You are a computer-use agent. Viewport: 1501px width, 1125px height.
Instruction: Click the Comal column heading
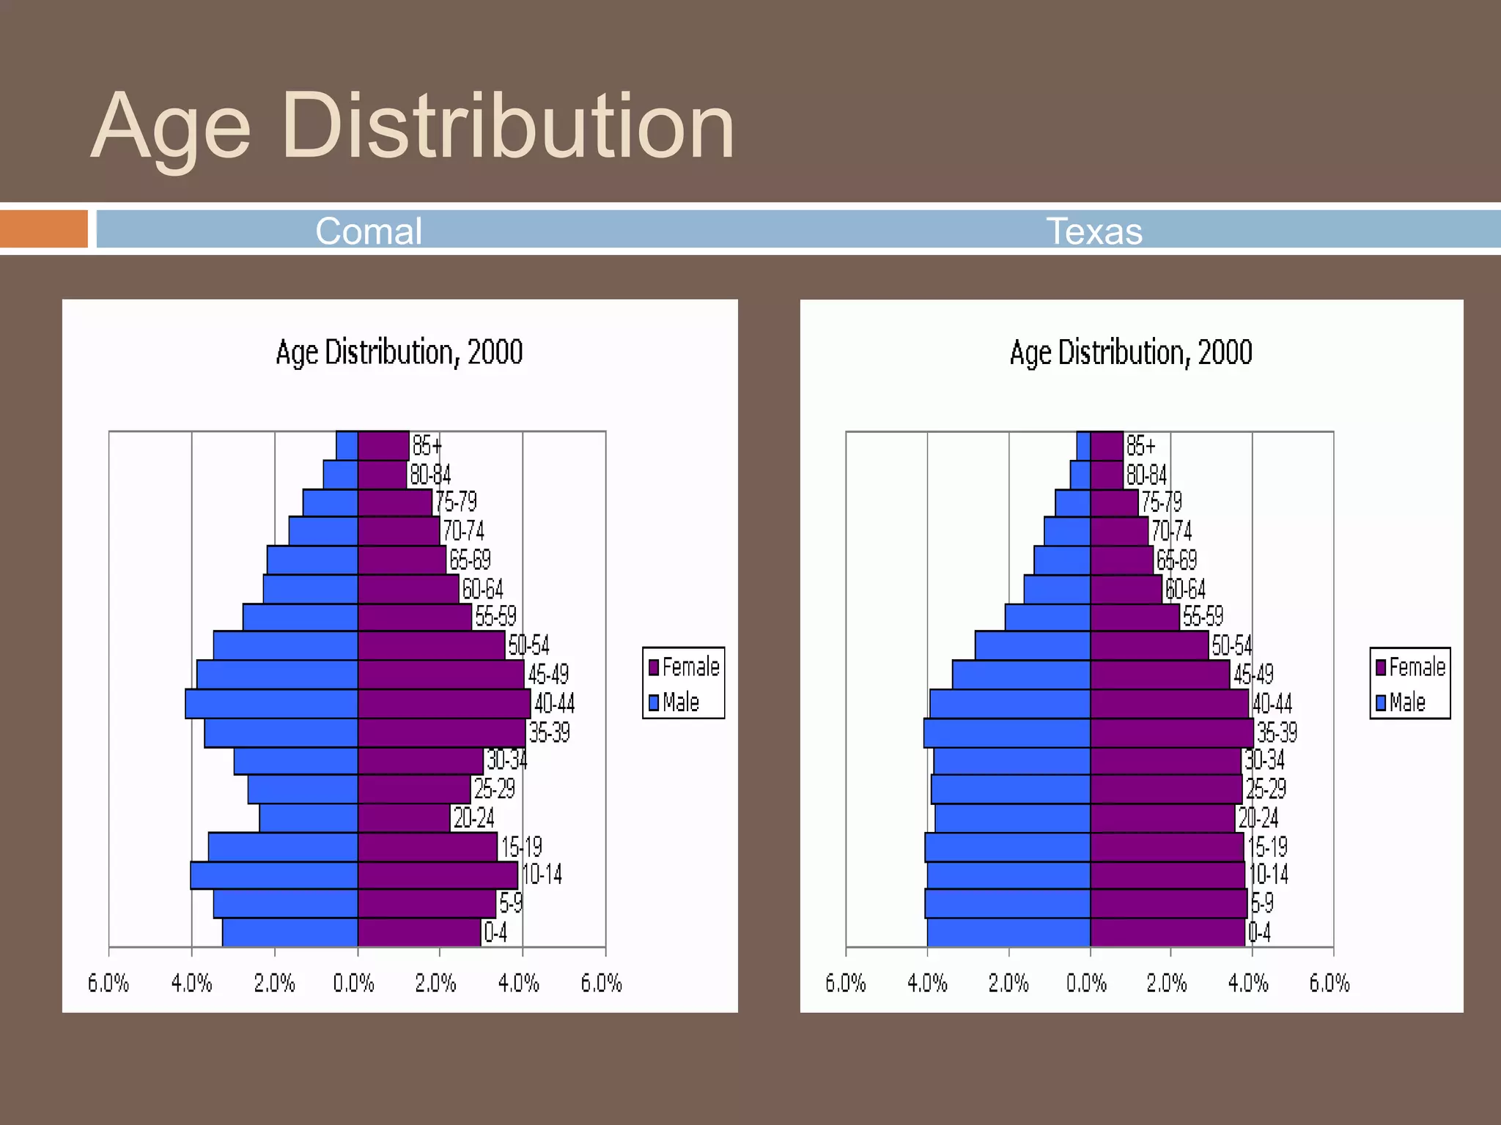[x=369, y=231]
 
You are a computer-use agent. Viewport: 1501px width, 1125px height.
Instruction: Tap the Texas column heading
[x=1094, y=231]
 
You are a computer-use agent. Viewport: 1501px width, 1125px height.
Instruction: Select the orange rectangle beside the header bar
[x=44, y=229]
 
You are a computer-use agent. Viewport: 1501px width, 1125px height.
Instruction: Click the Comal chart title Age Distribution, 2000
[x=399, y=352]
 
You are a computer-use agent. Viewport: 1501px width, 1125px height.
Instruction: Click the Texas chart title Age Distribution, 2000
[x=1131, y=352]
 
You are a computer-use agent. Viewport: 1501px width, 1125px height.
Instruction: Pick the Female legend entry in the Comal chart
[x=683, y=667]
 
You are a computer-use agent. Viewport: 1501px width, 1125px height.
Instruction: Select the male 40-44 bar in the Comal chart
[x=271, y=704]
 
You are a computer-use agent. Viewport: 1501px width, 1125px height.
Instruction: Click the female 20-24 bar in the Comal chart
[x=403, y=818]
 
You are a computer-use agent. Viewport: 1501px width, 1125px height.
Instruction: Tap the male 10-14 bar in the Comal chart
[x=274, y=875]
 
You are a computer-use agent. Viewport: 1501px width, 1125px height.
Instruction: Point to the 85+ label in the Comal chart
[x=427, y=445]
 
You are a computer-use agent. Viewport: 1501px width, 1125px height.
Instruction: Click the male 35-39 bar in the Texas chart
[x=1007, y=732]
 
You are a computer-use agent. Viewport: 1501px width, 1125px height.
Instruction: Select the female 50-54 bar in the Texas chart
[x=1148, y=645]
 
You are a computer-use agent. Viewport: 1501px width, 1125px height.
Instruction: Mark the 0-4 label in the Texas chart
[x=1259, y=932]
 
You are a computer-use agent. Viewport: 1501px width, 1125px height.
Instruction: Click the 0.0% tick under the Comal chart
[x=353, y=983]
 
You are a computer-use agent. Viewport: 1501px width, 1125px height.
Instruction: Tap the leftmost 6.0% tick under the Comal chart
[x=108, y=983]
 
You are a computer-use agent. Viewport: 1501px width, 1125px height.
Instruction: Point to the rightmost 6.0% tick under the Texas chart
[x=1329, y=983]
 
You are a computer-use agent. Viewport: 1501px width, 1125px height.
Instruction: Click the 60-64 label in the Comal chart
[x=482, y=589]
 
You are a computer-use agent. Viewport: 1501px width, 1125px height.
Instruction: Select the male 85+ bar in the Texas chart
[x=1083, y=445]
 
